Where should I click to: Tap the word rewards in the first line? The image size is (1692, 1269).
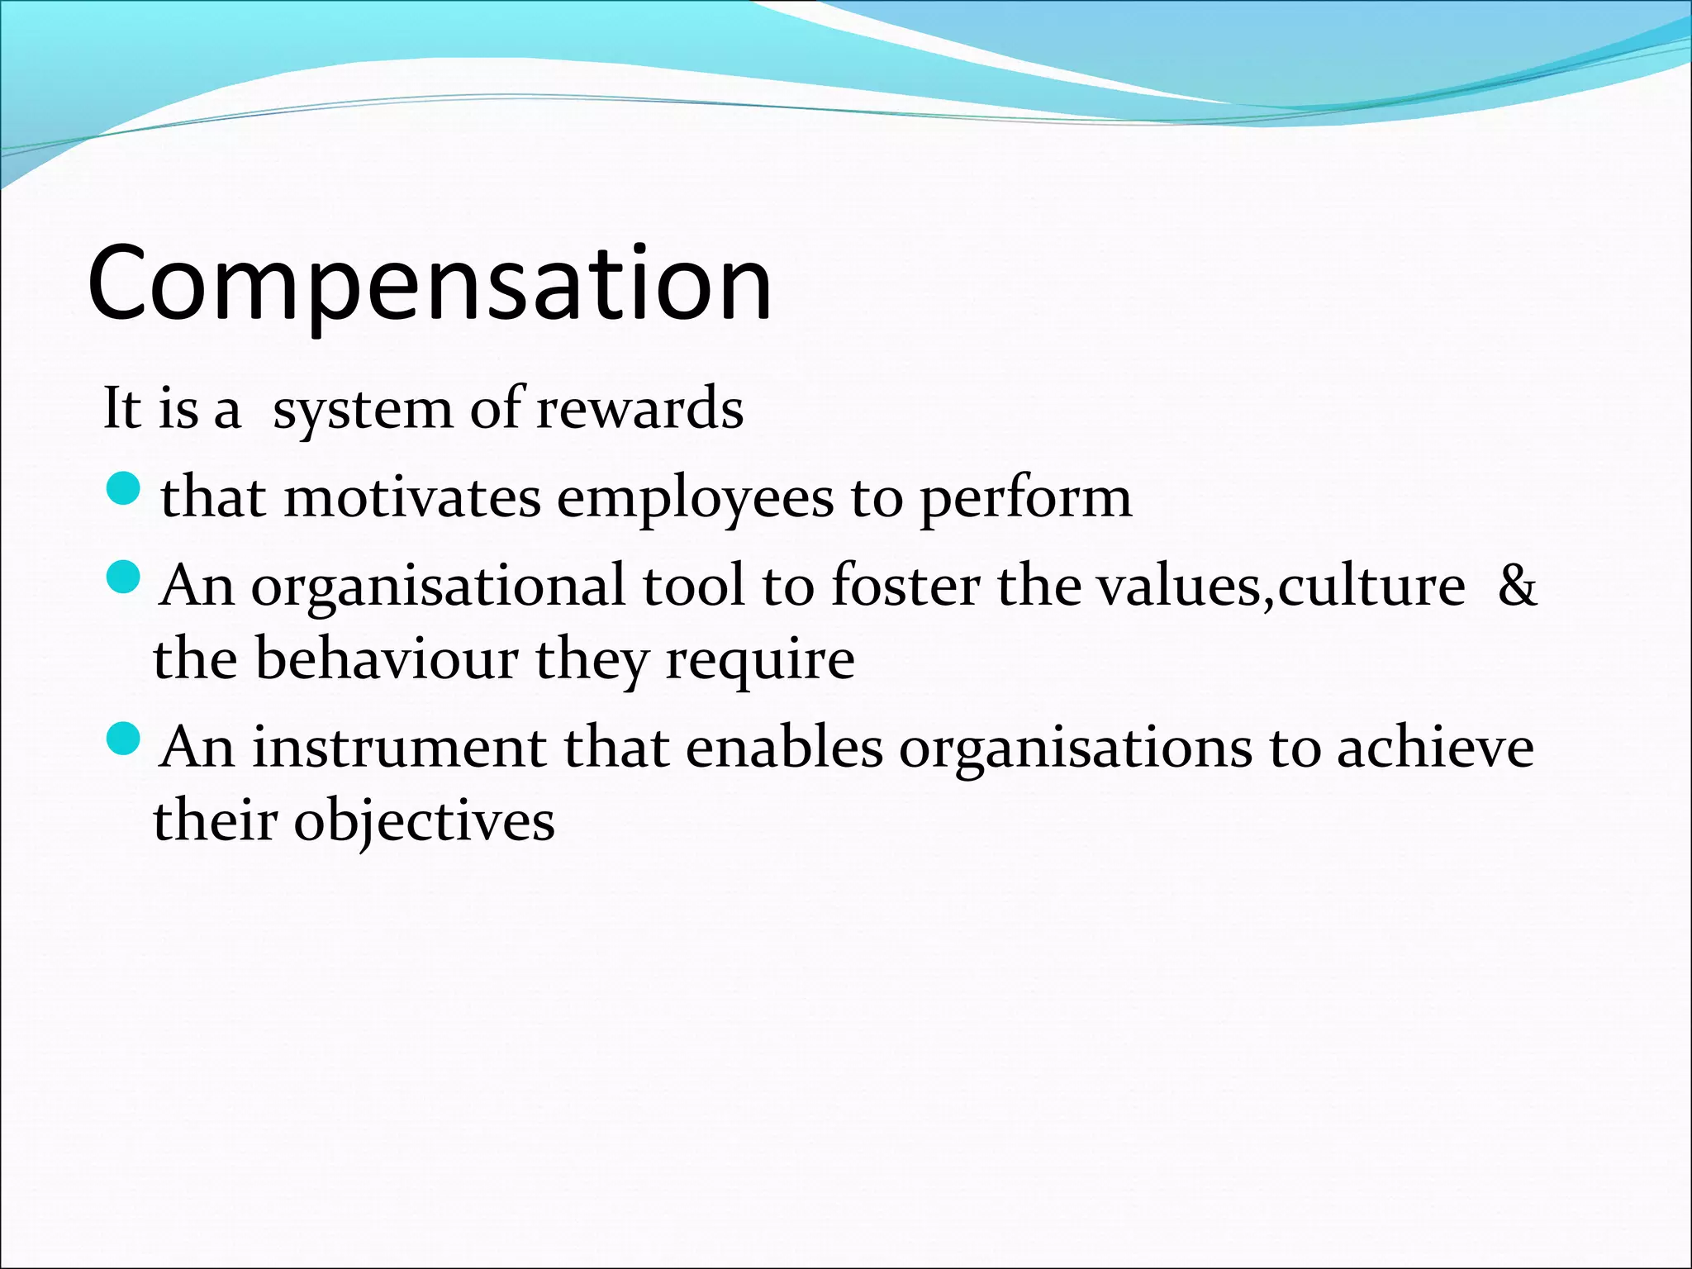pos(639,409)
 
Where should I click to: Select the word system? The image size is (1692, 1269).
pos(363,411)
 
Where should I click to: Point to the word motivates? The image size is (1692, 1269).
pos(412,498)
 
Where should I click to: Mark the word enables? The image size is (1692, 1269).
pos(784,748)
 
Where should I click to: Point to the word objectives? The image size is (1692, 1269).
pos(425,822)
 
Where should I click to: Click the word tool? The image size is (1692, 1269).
pos(693,585)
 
